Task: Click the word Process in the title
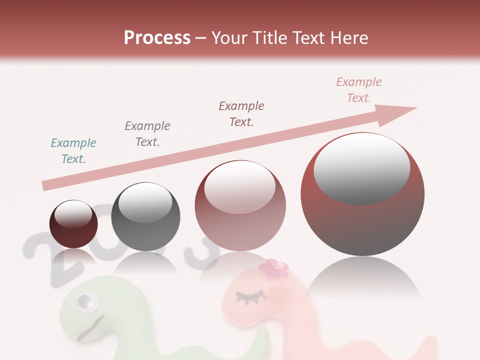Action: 157,38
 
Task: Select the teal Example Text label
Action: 73,151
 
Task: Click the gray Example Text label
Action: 147,134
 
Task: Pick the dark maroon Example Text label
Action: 241,114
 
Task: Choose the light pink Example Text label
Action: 359,90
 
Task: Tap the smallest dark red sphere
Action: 73,224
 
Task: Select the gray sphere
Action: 145,216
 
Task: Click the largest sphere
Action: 362,194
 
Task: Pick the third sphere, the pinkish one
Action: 240,205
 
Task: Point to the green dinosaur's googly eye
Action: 86,302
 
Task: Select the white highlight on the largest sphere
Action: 362,168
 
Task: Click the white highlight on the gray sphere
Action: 145,203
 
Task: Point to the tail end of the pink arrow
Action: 46,185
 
